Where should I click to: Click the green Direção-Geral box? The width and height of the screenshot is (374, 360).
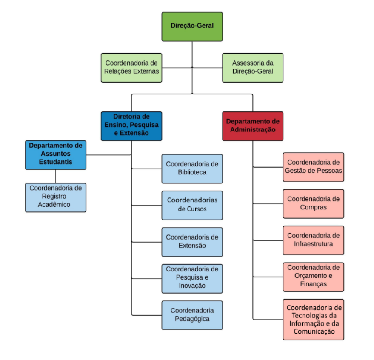pyautogui.click(x=192, y=27)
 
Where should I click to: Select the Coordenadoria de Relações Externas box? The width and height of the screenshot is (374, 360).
pyautogui.click(x=131, y=68)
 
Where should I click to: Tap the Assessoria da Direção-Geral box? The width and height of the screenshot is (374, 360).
pyautogui.click(x=253, y=68)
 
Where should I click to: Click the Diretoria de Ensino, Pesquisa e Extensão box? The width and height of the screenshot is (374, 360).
pyautogui.click(x=131, y=126)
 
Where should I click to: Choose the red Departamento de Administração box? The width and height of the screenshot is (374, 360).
pyautogui.click(x=253, y=126)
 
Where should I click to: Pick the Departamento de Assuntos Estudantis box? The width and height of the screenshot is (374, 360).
pyautogui.click(x=56, y=155)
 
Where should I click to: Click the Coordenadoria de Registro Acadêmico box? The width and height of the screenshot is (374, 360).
pyautogui.click(x=56, y=197)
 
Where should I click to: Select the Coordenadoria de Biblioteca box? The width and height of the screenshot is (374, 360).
pyautogui.click(x=192, y=169)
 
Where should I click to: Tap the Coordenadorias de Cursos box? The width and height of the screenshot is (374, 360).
pyautogui.click(x=192, y=206)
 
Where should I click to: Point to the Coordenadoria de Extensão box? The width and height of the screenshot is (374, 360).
pyautogui.click(x=192, y=242)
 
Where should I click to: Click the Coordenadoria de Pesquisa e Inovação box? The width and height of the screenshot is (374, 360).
pyautogui.click(x=192, y=279)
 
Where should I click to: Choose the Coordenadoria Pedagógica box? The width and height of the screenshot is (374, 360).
pyautogui.click(x=192, y=315)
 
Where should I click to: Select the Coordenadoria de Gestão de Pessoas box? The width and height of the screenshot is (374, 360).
pyautogui.click(x=314, y=167)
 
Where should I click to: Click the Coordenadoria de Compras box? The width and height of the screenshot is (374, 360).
pyautogui.click(x=314, y=204)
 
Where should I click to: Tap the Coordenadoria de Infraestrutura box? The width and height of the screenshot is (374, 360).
pyautogui.click(x=314, y=240)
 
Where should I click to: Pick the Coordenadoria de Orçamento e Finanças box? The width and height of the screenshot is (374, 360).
pyautogui.click(x=314, y=277)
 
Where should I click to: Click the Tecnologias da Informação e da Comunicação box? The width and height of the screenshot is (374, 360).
pyautogui.click(x=314, y=320)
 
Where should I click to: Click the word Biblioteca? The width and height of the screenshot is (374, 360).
pyautogui.click(x=192, y=172)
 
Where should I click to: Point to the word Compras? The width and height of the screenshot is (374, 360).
pyautogui.click(x=314, y=207)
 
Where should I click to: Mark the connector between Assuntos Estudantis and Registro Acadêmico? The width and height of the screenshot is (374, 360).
pyautogui.click(x=56, y=176)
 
